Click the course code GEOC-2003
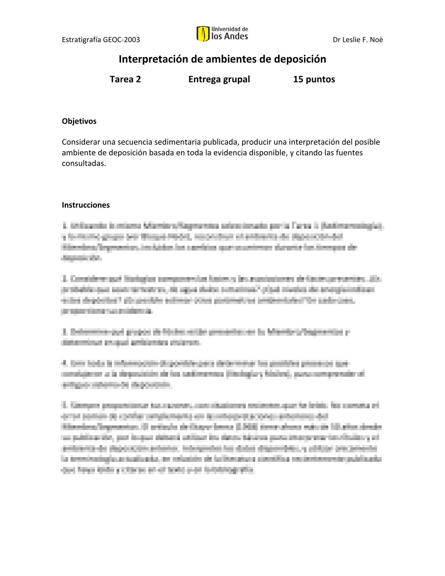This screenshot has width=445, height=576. click(x=121, y=40)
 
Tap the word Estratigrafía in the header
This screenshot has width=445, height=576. click(x=81, y=40)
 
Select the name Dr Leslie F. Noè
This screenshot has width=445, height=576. click(x=358, y=40)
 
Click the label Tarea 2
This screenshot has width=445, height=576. click(x=125, y=79)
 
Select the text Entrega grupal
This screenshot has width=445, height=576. click(x=219, y=79)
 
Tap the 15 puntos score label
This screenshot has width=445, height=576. click(x=314, y=79)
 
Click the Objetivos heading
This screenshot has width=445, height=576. click(x=79, y=121)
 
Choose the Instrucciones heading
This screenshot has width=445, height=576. click(x=86, y=205)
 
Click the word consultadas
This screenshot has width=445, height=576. click(x=84, y=163)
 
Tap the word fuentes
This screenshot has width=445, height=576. click(x=349, y=152)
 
